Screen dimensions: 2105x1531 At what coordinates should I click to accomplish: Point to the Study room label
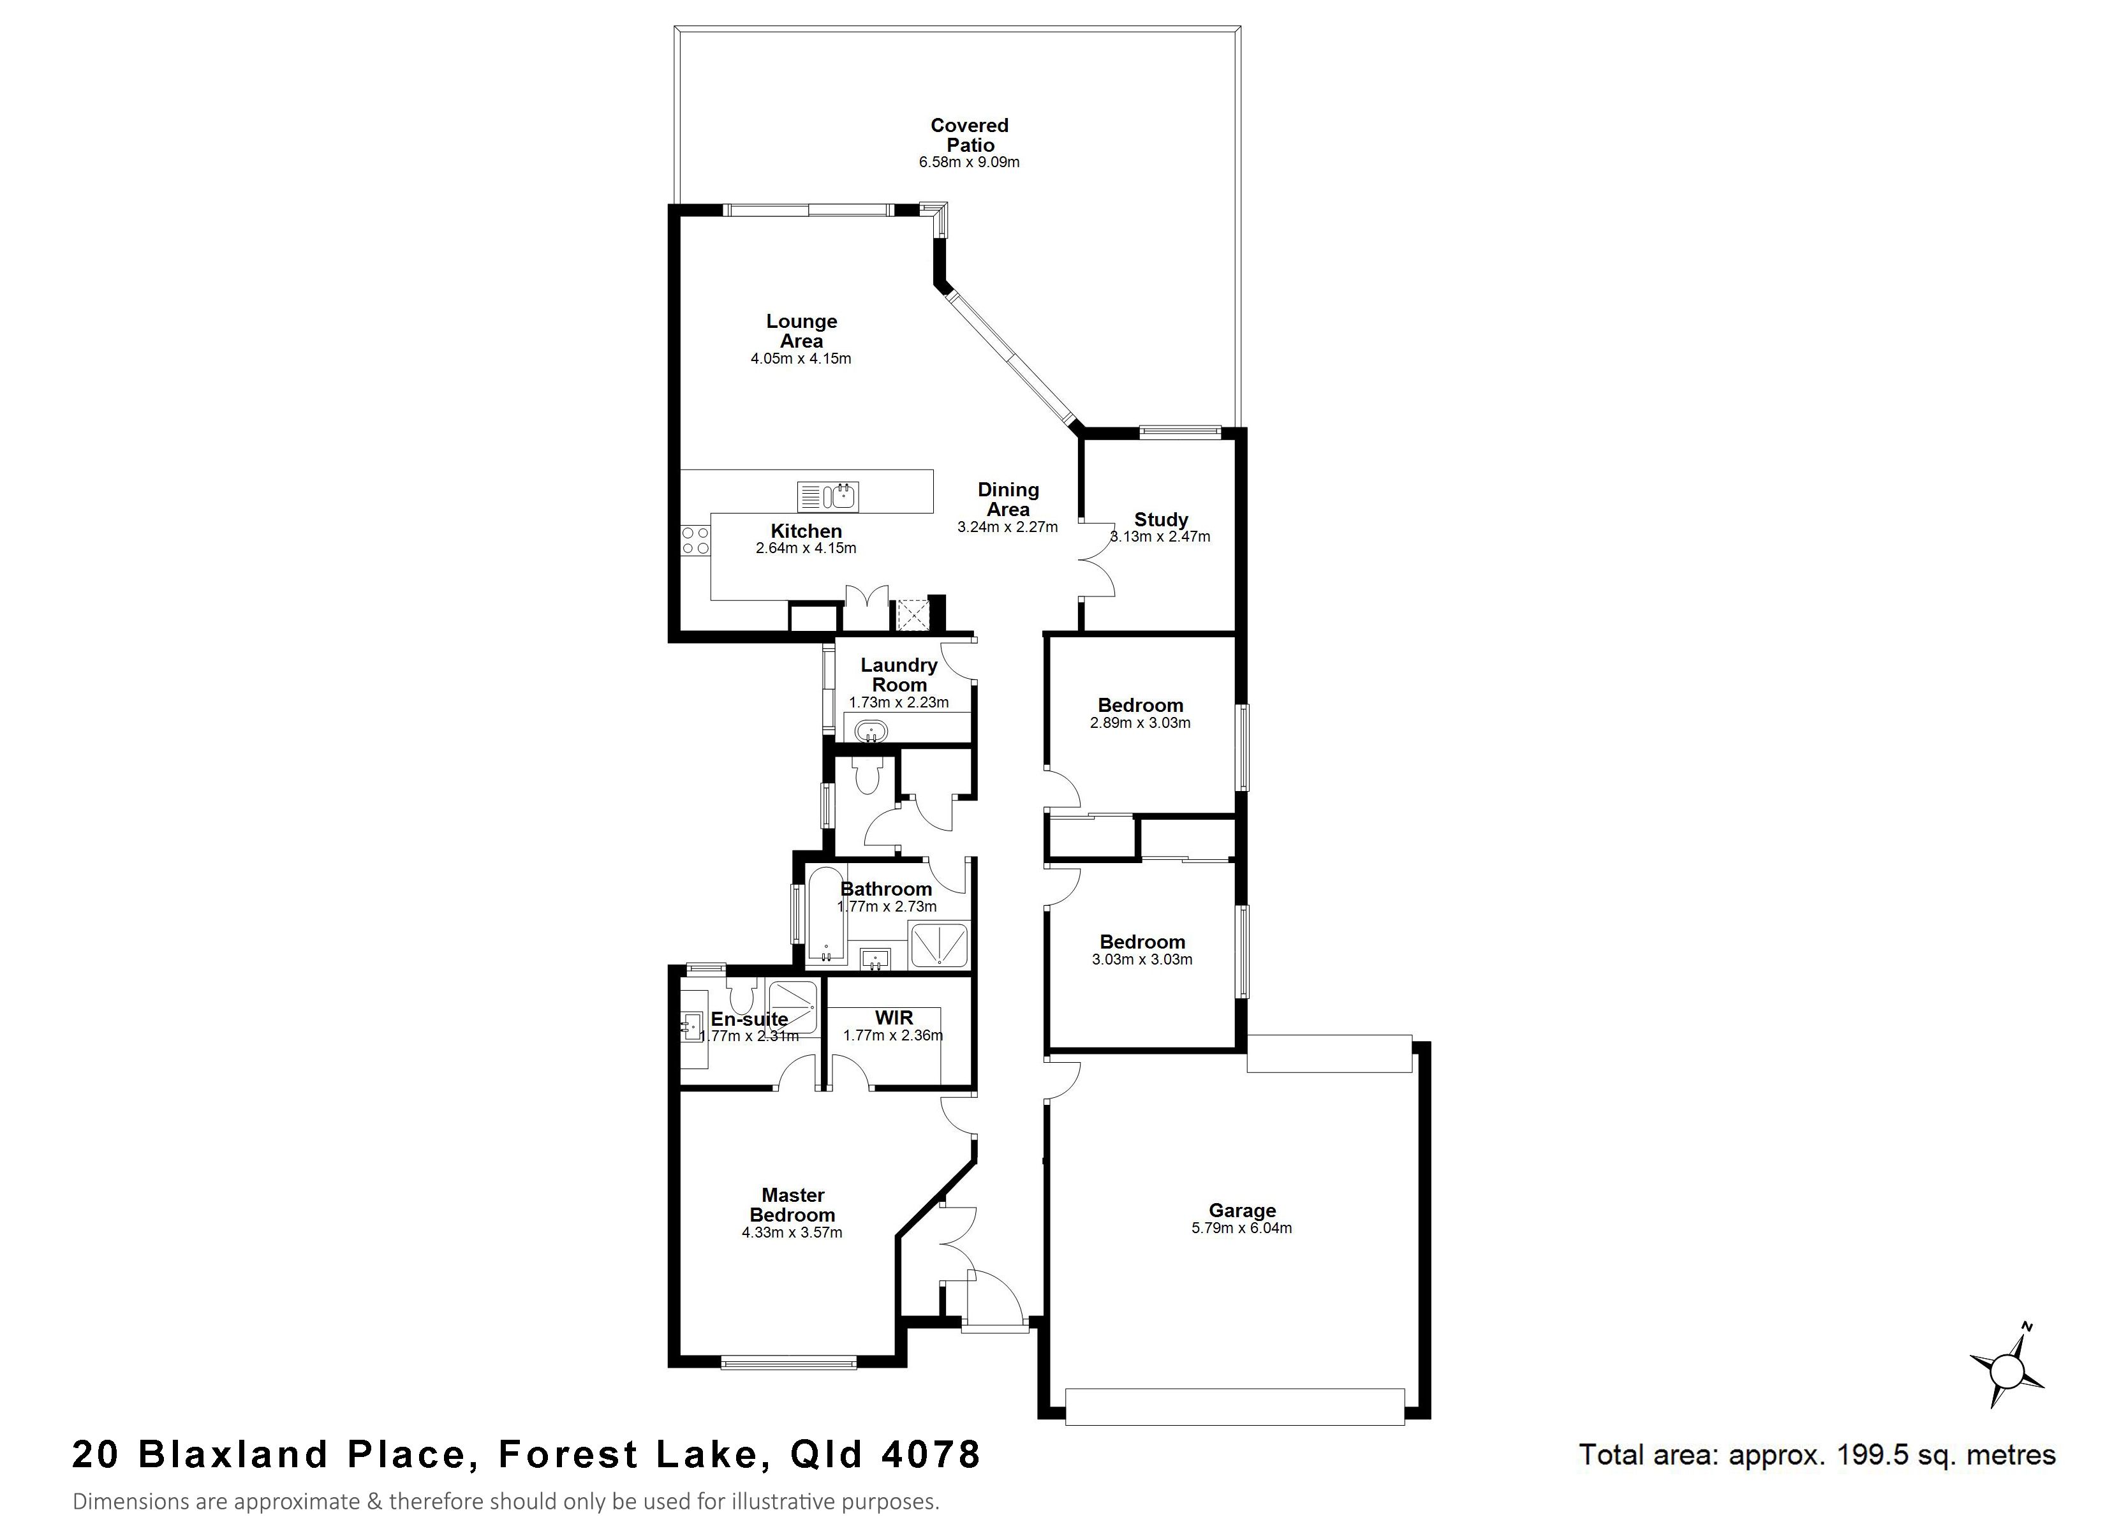pos(1160,520)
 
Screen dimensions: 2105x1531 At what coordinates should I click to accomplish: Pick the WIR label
pos(893,1019)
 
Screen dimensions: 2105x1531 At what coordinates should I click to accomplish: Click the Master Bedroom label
pos(793,1205)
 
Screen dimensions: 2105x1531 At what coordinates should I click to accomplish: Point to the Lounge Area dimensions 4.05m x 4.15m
pos(801,359)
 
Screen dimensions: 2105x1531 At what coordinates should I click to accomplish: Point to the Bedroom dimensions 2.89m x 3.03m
pos(1141,722)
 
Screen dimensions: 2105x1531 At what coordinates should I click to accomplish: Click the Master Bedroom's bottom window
pos(789,1363)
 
